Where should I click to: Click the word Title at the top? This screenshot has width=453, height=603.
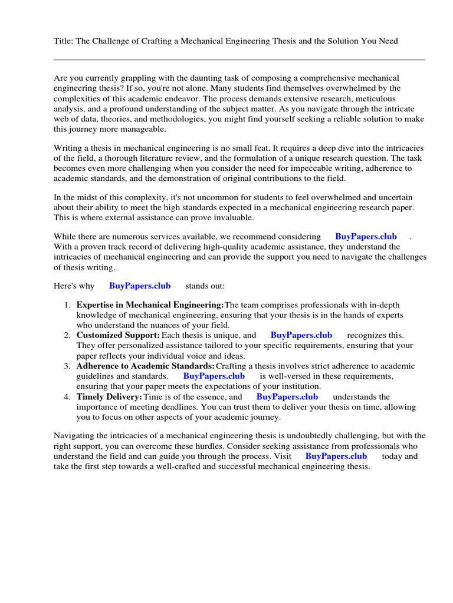63,41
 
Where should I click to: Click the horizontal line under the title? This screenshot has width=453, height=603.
239,59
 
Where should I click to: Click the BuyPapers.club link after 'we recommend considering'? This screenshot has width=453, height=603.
366,236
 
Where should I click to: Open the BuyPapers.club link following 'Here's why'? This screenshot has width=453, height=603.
140,286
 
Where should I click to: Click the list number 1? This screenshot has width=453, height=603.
67,305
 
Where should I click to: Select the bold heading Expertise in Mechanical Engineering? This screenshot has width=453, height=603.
150,305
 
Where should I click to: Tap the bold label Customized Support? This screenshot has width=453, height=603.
118,335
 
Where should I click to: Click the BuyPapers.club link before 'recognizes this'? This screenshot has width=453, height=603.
301,335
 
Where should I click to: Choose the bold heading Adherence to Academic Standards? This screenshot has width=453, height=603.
145,366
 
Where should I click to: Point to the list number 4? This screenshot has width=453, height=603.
67,397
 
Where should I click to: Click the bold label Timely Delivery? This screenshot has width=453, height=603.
109,397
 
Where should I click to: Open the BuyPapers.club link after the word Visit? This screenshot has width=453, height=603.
336,456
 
